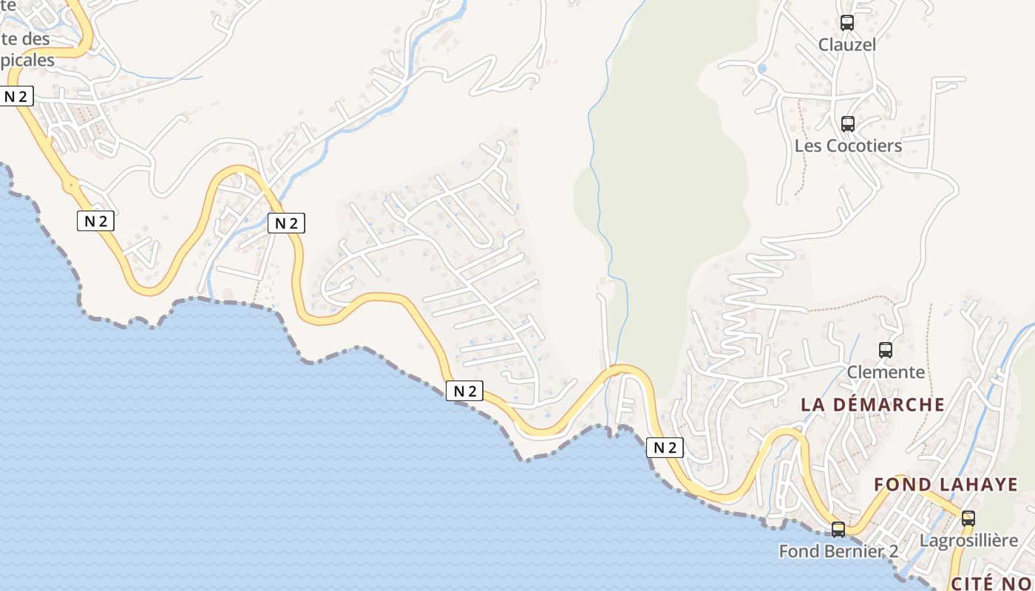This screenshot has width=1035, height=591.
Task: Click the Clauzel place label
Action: [x=846, y=45]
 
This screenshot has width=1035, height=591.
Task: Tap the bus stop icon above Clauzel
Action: [x=847, y=23]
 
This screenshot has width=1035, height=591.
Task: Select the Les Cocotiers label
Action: [x=848, y=146]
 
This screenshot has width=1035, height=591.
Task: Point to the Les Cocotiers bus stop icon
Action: [x=848, y=124]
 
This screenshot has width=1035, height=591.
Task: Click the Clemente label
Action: [x=886, y=372]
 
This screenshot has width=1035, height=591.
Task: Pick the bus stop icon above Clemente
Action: [x=886, y=350]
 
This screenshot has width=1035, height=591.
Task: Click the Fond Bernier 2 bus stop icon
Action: [x=838, y=530]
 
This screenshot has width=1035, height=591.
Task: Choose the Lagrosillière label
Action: [x=968, y=541]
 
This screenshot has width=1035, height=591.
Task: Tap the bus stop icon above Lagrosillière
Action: [x=968, y=519]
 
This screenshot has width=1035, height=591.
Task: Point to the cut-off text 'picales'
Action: [x=27, y=60]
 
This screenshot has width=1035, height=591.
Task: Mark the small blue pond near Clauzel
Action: [x=762, y=69]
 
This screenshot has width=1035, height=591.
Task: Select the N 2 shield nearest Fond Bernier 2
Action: [x=665, y=447]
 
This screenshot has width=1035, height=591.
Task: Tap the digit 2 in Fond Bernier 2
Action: [x=892, y=551]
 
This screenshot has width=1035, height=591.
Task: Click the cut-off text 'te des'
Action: [x=25, y=38]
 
